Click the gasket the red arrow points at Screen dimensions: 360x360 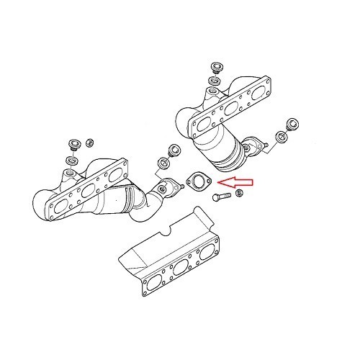click(195, 180)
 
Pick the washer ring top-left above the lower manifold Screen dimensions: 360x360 click(71, 158)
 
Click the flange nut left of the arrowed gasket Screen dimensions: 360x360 click(173, 151)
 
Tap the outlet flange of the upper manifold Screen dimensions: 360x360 click(252, 147)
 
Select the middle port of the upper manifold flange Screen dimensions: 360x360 click(231, 109)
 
